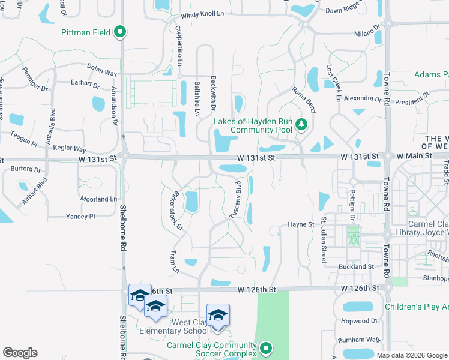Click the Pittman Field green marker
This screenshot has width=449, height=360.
(120, 32)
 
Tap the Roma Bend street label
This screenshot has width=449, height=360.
(303, 99)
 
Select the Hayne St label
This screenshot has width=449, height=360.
(301, 224)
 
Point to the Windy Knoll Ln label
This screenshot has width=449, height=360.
(203, 14)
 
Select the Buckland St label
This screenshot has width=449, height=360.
(356, 266)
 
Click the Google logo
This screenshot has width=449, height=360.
(20, 352)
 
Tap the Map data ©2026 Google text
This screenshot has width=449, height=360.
(411, 355)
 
